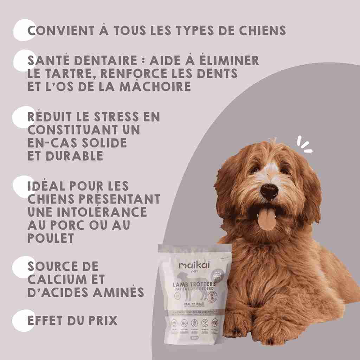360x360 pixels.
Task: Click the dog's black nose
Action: point(269,191)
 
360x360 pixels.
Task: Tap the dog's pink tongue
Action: point(267,218)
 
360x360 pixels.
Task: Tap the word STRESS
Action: point(118,117)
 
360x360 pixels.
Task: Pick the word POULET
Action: point(51,238)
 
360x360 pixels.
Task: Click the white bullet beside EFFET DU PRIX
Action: point(23,320)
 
